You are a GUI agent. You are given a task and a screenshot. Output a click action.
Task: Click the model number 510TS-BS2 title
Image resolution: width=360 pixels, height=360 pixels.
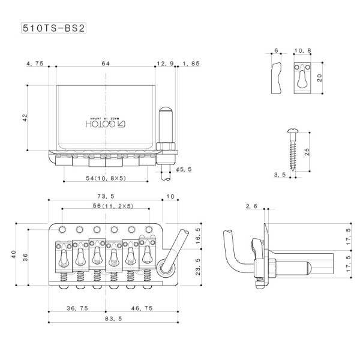pyautogui.click(x=52, y=28)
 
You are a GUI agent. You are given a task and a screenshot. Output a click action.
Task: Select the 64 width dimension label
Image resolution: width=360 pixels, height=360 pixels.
pyautogui.click(x=105, y=63)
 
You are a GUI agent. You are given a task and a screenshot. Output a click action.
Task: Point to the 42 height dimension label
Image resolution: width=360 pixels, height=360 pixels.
pyautogui.click(x=25, y=118)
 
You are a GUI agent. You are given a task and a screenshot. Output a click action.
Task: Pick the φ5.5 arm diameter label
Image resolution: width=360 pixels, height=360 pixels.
pyautogui.click(x=184, y=170)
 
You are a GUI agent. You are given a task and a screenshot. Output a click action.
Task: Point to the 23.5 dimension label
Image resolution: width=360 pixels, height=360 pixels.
pyautogui.click(x=199, y=266)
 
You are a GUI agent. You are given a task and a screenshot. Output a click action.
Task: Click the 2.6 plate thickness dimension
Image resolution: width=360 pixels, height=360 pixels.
pyautogui.click(x=252, y=207)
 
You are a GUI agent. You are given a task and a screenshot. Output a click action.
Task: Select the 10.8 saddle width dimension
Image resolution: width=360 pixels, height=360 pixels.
pyautogui.click(x=302, y=52)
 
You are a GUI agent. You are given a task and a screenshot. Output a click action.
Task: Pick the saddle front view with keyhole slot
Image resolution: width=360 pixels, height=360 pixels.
pyautogui.click(x=302, y=79)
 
